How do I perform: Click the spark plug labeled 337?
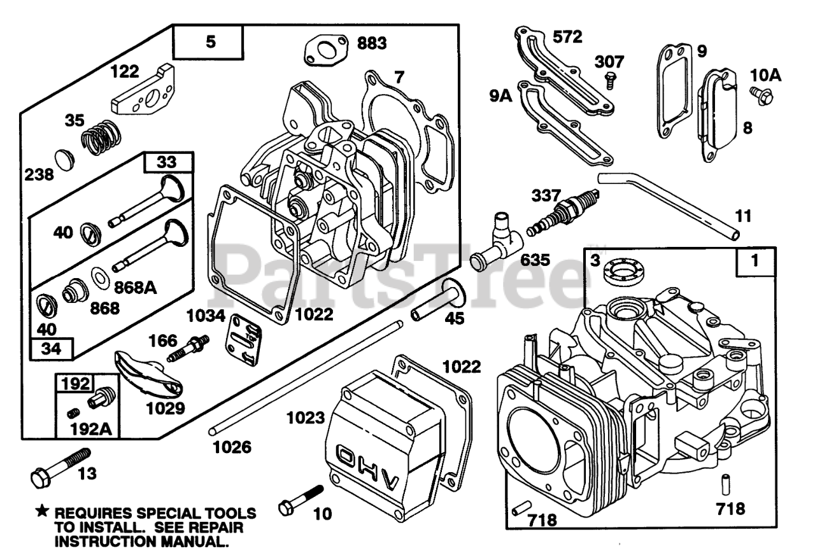[562, 213]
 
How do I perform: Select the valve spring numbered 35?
[101, 136]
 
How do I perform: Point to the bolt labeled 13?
[60, 468]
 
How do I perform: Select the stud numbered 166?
[188, 348]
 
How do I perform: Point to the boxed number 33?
[167, 162]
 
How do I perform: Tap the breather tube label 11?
[743, 216]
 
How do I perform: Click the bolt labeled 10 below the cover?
[301, 500]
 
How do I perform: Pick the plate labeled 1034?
[243, 340]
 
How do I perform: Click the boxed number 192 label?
[75, 383]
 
